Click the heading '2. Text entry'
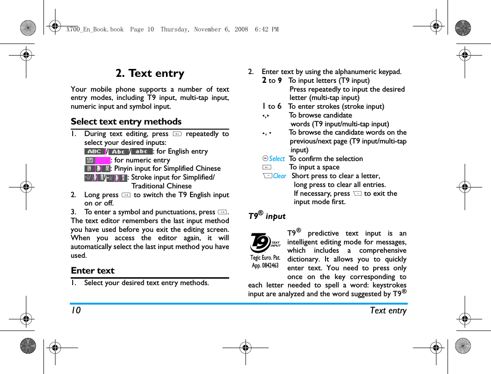click(150, 74)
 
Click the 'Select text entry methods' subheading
click(126, 122)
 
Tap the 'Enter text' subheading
click(92, 271)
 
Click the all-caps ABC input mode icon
click(94, 151)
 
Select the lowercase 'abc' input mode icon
click(141, 151)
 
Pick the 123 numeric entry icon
click(90, 160)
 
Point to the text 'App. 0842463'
click(265, 266)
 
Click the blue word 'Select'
click(277, 159)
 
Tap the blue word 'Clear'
click(279, 176)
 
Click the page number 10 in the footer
click(75, 311)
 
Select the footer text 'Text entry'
click(388, 311)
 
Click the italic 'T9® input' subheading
click(267, 217)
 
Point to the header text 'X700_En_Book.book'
click(95, 29)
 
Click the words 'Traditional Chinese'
click(161, 186)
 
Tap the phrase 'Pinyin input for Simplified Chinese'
click(167, 168)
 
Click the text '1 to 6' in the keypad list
click(272, 106)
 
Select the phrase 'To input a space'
click(314, 167)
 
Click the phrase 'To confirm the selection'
click(325, 159)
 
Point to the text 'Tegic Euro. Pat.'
click(265, 258)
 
